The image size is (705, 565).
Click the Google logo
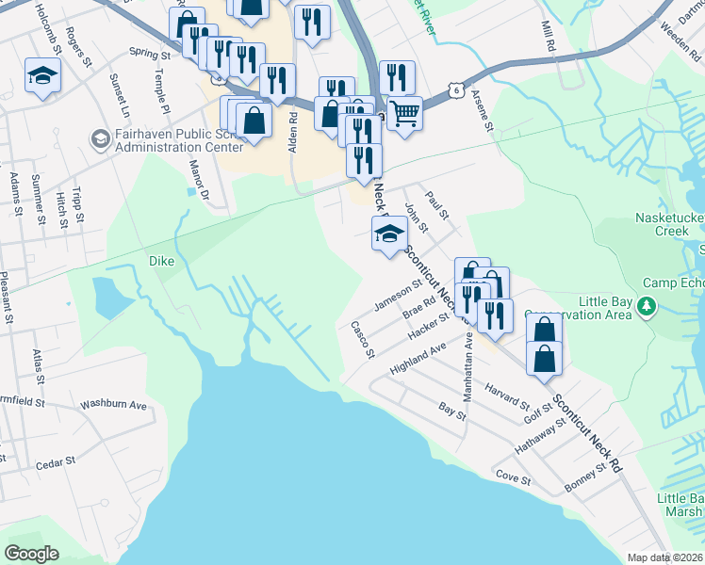pos(31,554)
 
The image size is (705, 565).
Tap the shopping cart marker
pos(404,114)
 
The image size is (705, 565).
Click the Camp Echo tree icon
pos(647,306)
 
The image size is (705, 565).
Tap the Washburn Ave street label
pos(113,406)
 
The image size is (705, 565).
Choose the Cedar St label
pos(55,463)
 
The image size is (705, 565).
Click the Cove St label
pos(514,479)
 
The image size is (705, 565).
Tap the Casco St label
pos(363,340)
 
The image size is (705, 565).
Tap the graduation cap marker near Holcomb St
pos(42,75)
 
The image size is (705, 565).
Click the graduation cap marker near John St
pos(389,234)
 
